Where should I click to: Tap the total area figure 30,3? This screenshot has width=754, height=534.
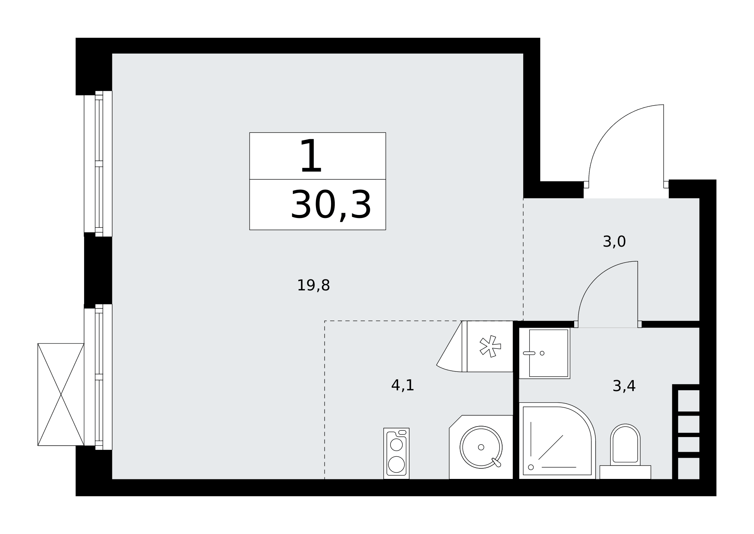pyautogui.click(x=331, y=205)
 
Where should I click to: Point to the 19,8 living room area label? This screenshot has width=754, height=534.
pyautogui.click(x=313, y=285)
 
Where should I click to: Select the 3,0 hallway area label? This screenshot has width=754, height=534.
pyautogui.click(x=614, y=241)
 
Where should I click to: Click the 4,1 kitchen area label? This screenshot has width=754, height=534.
pyautogui.click(x=403, y=385)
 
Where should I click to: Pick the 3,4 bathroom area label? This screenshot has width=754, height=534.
pyautogui.click(x=624, y=386)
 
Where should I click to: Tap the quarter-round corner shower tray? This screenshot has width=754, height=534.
pyautogui.click(x=557, y=440)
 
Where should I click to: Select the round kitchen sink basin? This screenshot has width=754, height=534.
pyautogui.click(x=481, y=447)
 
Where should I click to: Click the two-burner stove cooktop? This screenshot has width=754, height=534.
pyautogui.click(x=396, y=453)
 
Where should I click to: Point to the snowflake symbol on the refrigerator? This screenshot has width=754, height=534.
pyautogui.click(x=490, y=346)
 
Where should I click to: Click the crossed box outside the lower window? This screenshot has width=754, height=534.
pyautogui.click(x=61, y=394)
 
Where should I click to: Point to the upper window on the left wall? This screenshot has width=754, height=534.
pyautogui.click(x=98, y=164)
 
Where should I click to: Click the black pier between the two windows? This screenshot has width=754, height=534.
pyautogui.click(x=98, y=270)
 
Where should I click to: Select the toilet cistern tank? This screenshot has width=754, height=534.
pyautogui.click(x=625, y=472)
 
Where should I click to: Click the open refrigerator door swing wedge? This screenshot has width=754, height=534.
pyautogui.click(x=449, y=347)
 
